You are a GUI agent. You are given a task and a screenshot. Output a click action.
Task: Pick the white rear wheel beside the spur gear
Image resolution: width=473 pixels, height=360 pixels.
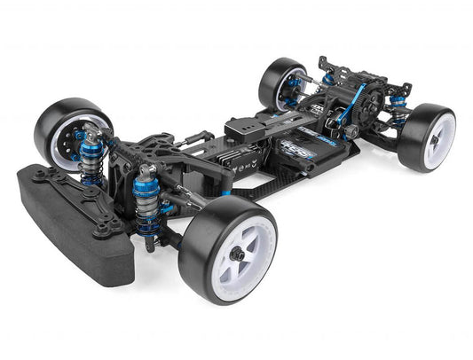[427, 137]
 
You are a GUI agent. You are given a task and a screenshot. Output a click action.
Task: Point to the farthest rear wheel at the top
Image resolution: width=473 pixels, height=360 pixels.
[282, 82]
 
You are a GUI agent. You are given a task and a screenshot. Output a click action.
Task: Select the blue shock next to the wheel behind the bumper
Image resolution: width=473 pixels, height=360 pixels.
[91, 160]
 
